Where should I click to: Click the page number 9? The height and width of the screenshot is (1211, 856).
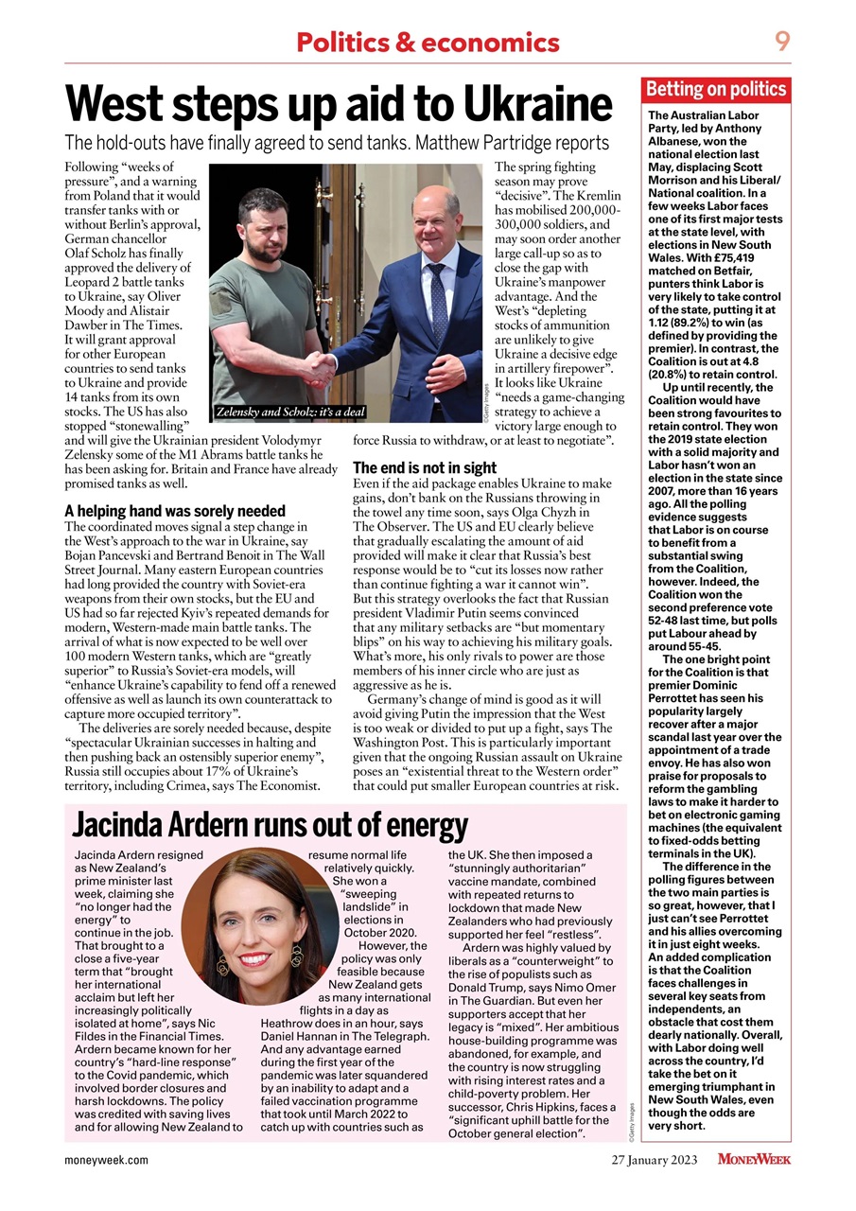(x=782, y=41)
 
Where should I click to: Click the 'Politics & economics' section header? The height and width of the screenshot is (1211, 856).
(x=428, y=43)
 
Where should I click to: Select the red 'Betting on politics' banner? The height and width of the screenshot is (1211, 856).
(x=716, y=91)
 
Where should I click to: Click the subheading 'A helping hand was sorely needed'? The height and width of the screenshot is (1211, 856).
(x=174, y=511)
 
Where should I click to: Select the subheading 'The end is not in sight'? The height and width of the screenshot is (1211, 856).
(x=424, y=467)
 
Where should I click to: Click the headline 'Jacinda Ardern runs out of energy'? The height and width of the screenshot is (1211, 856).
(x=271, y=826)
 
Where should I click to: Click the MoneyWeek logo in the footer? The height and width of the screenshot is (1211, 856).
(x=753, y=1159)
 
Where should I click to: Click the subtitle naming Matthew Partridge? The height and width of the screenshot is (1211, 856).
(x=336, y=144)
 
